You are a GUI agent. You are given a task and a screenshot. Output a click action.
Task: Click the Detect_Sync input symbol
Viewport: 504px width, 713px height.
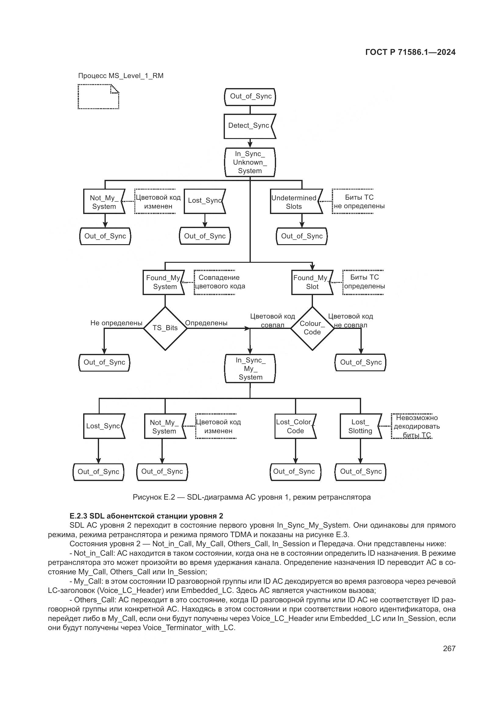tap(249, 126)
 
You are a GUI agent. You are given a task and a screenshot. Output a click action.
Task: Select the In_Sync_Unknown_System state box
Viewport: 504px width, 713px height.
tap(250, 162)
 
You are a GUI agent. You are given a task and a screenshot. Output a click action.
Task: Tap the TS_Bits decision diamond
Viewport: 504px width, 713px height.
tap(165, 328)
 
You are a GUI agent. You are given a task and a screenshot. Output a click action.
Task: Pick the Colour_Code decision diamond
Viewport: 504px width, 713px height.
tap(312, 328)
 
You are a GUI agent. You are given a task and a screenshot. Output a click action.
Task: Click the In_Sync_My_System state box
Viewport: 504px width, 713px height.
tap(250, 369)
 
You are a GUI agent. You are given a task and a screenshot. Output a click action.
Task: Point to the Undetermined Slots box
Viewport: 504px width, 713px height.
tap(295, 202)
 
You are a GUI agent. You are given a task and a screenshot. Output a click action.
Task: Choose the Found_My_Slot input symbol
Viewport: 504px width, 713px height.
tap(312, 282)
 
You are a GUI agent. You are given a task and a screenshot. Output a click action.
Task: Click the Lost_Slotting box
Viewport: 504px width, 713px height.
tap(360, 426)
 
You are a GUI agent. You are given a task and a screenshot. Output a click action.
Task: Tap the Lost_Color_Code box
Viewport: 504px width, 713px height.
tap(295, 426)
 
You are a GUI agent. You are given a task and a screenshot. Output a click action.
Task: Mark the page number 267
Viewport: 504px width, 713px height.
tap(449, 648)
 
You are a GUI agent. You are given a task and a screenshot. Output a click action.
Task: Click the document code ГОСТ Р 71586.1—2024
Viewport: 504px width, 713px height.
tap(410, 52)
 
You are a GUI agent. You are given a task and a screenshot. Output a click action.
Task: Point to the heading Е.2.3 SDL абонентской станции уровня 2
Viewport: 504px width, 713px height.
tap(146, 516)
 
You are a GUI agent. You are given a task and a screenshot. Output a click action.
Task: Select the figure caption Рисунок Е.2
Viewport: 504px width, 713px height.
tap(252, 497)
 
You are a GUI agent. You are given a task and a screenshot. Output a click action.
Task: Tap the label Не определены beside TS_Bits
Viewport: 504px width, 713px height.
tap(116, 323)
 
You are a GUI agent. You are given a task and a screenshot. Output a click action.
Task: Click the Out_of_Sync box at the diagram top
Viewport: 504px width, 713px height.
tap(250, 97)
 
